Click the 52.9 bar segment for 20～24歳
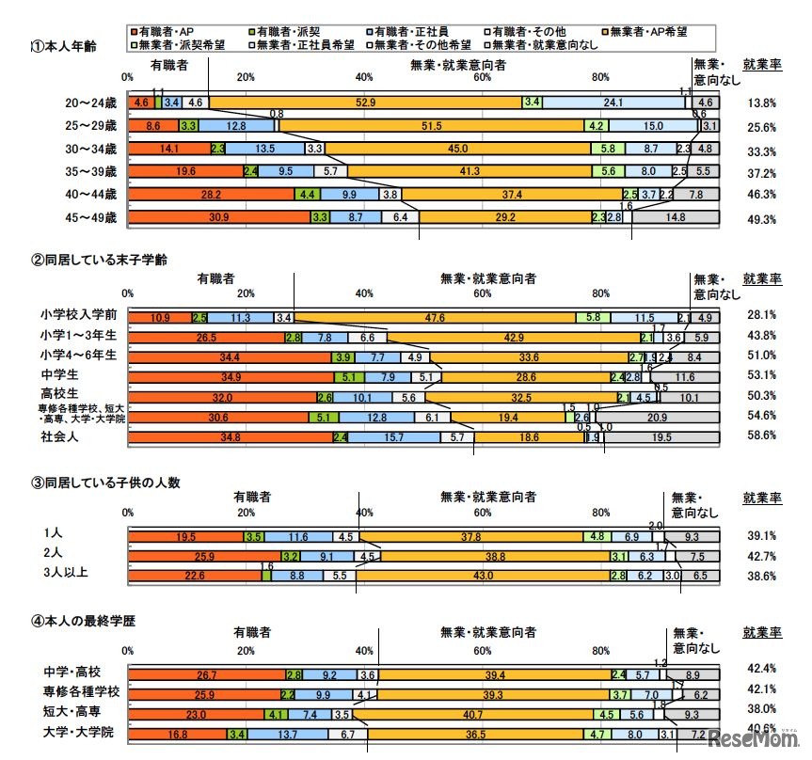[x=365, y=102]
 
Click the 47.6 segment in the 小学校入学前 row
[x=435, y=318]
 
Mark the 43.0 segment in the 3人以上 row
[x=482, y=575]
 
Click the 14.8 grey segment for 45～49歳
[x=676, y=217]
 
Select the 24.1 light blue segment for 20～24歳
[x=613, y=102]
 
